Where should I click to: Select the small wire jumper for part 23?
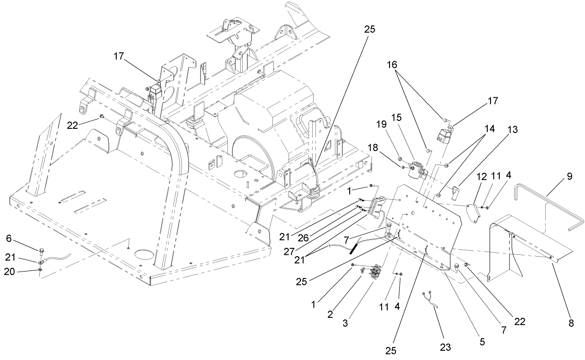(430, 298)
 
